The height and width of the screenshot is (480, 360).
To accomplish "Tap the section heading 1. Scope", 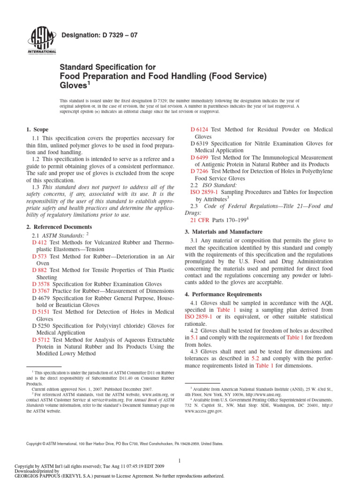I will [x=37, y=129].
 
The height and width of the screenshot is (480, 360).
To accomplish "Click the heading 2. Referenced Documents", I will [x=59, y=227].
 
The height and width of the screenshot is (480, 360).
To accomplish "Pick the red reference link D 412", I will [x=39, y=242].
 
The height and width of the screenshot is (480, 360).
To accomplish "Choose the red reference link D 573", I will [x=39, y=256].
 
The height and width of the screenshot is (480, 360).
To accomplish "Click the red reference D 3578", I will [x=41, y=284].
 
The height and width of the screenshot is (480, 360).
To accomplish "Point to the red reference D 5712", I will [x=41, y=339].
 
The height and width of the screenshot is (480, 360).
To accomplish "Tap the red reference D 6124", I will [x=200, y=129].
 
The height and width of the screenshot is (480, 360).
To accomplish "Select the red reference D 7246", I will [x=200, y=172].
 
